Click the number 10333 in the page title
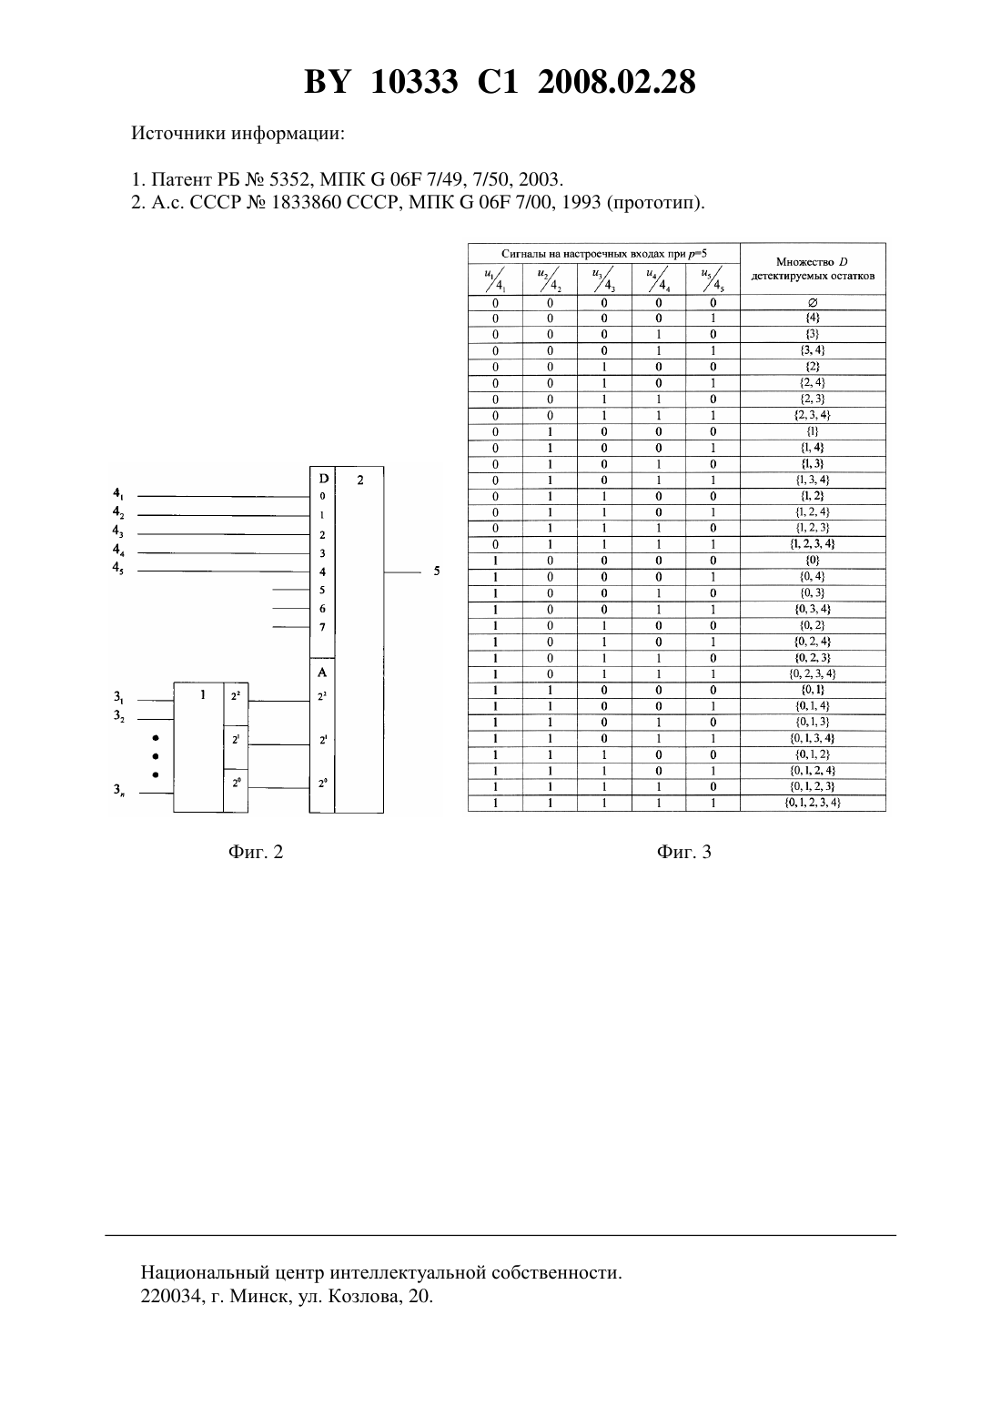(414, 82)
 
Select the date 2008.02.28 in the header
(617, 82)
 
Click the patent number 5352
(290, 179)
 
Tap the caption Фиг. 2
(256, 852)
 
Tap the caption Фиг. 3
(683, 852)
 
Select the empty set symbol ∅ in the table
(813, 302)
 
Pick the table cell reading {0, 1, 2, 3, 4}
(813, 803)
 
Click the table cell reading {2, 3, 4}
(813, 415)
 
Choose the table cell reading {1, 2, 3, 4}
(813, 543)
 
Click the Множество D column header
(813, 268)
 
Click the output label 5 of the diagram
(436, 571)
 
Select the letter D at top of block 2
(323, 480)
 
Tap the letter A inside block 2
(322, 673)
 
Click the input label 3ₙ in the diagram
(119, 790)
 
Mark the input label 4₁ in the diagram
(118, 493)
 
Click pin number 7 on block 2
(322, 627)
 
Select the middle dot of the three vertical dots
(156, 756)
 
